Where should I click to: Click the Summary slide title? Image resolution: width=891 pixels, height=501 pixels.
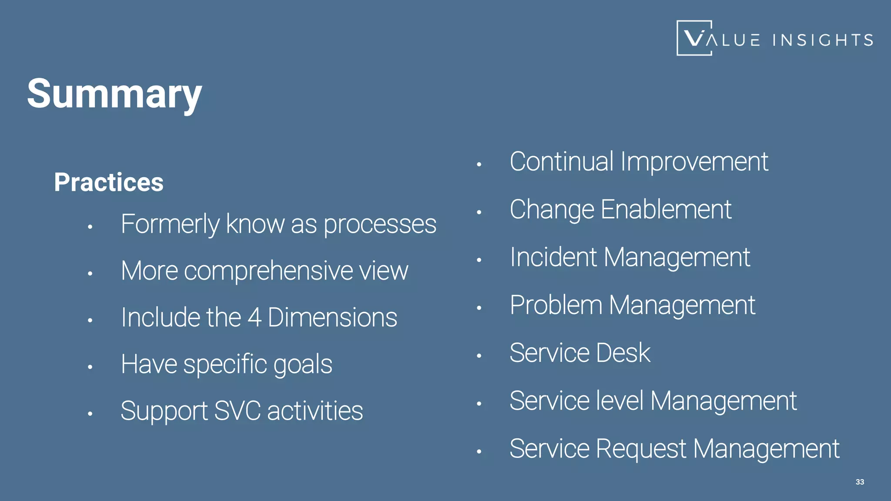[114, 94]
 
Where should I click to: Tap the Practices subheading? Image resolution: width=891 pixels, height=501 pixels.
[109, 182]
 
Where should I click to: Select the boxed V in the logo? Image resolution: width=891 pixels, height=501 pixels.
[694, 38]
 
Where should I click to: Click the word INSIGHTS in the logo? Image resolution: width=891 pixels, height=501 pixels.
[823, 40]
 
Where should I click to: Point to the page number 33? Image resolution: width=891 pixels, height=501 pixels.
[860, 482]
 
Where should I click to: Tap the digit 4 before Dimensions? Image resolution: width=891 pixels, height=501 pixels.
[255, 317]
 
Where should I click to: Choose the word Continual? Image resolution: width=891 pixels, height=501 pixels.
[562, 162]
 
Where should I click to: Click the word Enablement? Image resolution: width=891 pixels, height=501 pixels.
[666, 210]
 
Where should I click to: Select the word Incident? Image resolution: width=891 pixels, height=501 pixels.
[553, 257]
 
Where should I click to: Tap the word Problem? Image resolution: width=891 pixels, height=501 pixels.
[556, 305]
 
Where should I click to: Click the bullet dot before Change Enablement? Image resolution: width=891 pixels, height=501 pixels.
[479, 213]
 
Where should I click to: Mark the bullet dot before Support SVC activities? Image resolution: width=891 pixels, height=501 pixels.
[90, 414]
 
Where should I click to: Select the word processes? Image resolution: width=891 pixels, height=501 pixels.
[380, 225]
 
